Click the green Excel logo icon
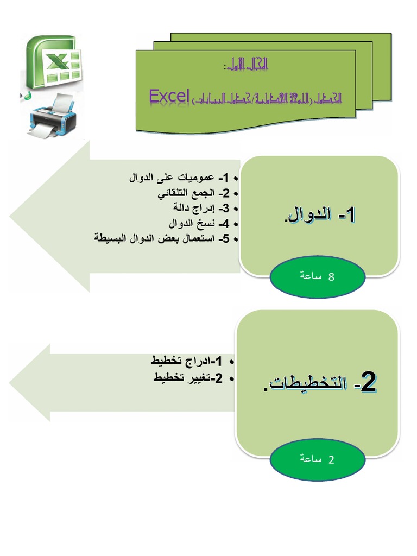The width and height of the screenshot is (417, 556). [x=52, y=62]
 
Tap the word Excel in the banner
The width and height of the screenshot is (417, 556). [x=169, y=96]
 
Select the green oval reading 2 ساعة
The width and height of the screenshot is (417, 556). [x=318, y=459]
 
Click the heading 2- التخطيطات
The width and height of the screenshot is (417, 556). [x=319, y=384]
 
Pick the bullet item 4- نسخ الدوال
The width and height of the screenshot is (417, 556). [x=199, y=223]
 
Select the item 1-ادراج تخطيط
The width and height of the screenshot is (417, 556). [x=187, y=362]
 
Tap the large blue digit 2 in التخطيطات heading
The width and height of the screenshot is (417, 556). [x=368, y=383]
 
